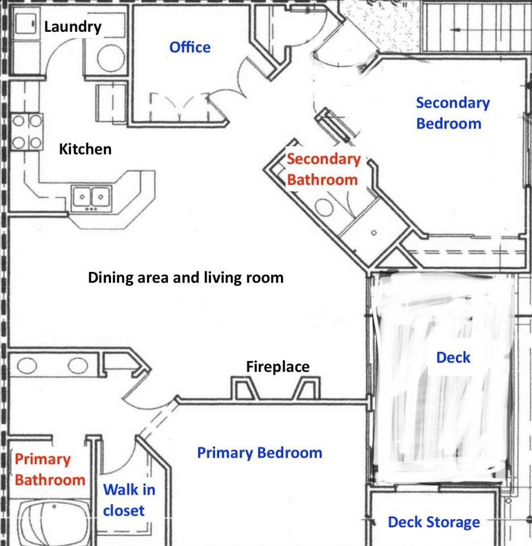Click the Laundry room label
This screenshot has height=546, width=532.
coord(72,27)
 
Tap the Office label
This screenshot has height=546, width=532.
coord(190,47)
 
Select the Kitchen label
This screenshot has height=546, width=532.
coord(85,149)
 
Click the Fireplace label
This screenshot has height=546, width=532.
coord(278,367)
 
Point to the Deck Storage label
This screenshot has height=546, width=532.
coord(434,522)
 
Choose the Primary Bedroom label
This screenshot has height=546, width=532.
coord(259,453)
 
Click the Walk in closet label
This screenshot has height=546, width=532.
coord(129,500)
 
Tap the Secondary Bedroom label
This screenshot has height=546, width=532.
coord(453,113)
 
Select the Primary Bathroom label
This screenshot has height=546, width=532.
coord(50,469)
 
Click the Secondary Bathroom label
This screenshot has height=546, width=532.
coord(324,169)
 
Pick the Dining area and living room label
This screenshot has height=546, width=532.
coord(185,278)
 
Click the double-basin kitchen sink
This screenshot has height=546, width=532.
coord(92,198)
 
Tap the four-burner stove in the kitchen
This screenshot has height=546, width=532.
coord(27,131)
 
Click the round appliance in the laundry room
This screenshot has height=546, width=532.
coord(111,58)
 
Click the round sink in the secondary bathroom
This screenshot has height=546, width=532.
coord(324,207)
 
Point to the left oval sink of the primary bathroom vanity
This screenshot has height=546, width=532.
coord(27,366)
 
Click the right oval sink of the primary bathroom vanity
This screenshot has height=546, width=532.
coord(78,366)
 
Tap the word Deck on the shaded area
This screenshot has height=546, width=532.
coord(453,358)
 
